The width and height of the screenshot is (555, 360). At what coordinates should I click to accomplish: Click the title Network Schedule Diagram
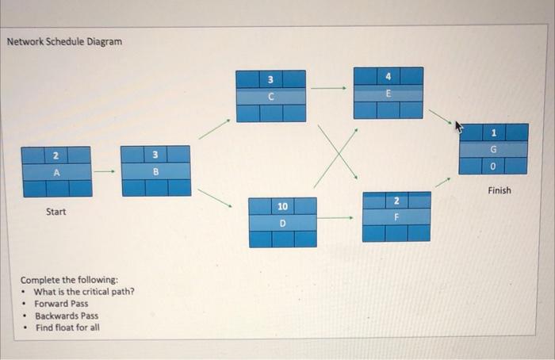(65, 40)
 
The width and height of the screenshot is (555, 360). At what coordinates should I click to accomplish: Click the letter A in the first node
(56, 171)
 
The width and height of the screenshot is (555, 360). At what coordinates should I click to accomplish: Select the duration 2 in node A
(55, 155)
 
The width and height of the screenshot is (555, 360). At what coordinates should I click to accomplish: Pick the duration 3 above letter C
(270, 79)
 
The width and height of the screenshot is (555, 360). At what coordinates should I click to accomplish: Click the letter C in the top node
(270, 96)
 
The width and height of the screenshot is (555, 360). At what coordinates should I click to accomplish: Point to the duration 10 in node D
(282, 206)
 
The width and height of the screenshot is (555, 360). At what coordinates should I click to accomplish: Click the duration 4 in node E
(388, 76)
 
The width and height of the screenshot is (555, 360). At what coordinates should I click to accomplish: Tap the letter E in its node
(388, 93)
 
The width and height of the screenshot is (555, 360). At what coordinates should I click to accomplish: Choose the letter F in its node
(396, 216)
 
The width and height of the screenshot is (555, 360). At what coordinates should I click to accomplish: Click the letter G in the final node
(493, 148)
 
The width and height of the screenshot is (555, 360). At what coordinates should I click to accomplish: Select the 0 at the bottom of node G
(493, 165)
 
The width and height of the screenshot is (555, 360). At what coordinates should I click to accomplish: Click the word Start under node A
(56, 212)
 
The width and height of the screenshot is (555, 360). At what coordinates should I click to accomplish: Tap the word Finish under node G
(499, 190)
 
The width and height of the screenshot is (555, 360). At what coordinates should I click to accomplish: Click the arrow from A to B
(105, 170)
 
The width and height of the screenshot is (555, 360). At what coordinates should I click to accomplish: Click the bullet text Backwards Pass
(67, 315)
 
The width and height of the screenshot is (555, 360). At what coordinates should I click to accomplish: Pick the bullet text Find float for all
(67, 327)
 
